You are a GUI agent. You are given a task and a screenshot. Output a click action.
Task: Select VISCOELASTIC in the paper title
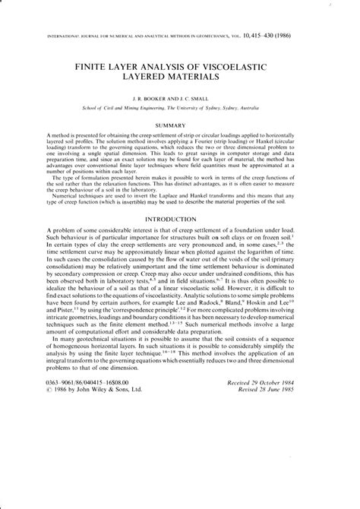pos(251,67)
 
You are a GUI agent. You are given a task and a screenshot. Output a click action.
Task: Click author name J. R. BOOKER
pos(150,99)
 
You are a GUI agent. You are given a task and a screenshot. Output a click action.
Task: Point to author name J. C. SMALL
pos(208,99)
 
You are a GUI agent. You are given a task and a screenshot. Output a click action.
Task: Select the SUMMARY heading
pos(180,125)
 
